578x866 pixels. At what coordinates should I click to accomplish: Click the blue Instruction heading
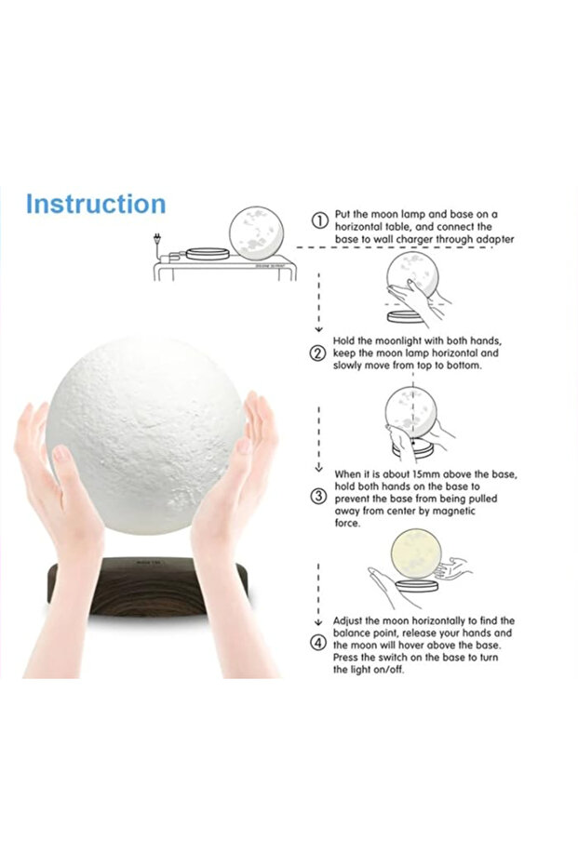tap(96, 203)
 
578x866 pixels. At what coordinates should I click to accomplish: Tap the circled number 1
tap(319, 221)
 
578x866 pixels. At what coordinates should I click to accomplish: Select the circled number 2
tap(318, 353)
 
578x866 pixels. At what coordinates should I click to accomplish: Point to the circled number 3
tap(318, 497)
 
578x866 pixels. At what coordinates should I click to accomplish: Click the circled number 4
tap(318, 644)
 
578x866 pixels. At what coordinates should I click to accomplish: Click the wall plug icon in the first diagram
tap(157, 241)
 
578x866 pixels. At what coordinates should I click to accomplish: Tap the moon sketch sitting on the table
tap(256, 232)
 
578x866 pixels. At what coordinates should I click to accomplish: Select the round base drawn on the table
tap(208, 254)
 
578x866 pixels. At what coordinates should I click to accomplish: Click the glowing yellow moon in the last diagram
tap(415, 554)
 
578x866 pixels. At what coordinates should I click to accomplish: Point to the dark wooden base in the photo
tap(147, 587)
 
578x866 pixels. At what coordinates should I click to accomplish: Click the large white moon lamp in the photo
tap(145, 436)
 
